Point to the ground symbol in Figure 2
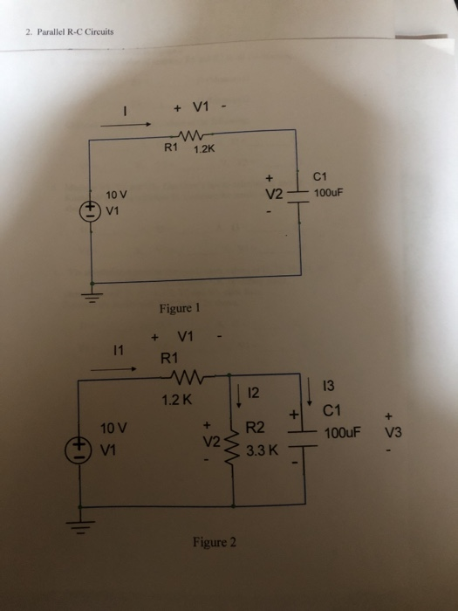pyautogui.click(x=82, y=531)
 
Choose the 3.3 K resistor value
pyautogui.click(x=262, y=452)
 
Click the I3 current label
pyautogui.click(x=329, y=385)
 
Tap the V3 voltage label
pyautogui.click(x=389, y=432)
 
